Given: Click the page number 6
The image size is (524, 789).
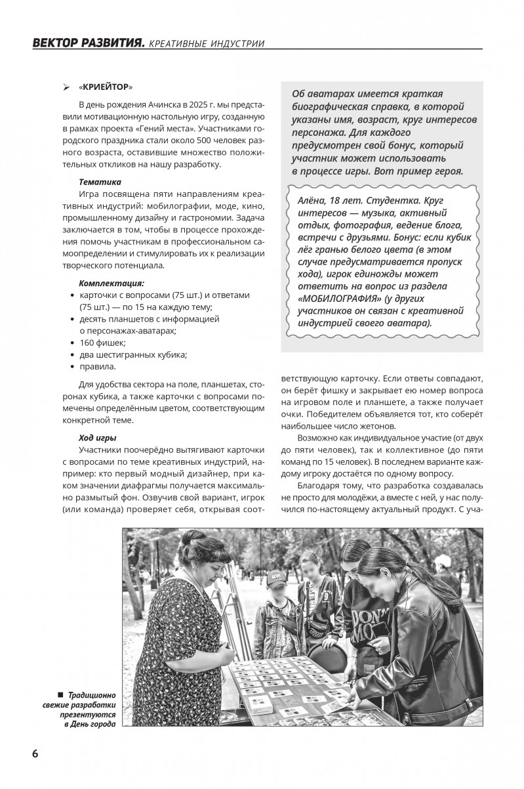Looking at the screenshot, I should pyautogui.click(x=35, y=753).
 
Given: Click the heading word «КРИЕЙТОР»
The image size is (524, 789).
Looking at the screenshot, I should pyautogui.click(x=105, y=87).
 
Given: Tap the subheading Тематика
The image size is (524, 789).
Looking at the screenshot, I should pyautogui.click(x=100, y=181).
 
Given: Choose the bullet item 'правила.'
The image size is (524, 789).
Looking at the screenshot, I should pyautogui.click(x=98, y=366).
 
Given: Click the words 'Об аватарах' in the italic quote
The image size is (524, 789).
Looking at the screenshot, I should pyautogui.click(x=321, y=94).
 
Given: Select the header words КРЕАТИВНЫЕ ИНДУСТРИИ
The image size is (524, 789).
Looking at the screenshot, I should pyautogui.click(x=207, y=45).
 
